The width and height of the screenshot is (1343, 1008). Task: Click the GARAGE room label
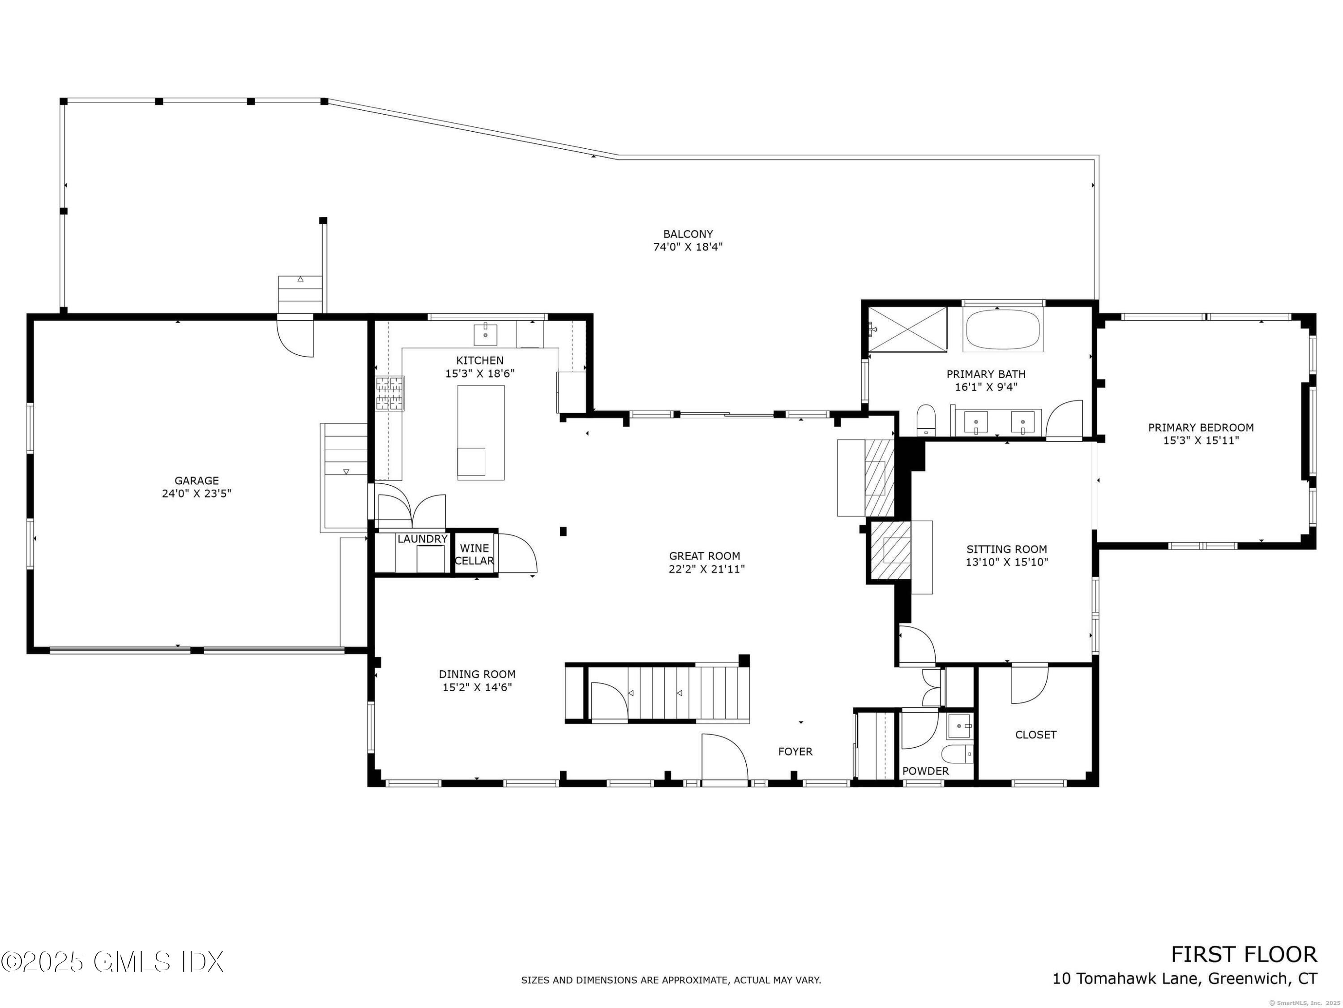click(196, 481)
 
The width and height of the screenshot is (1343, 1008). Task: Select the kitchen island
click(481, 433)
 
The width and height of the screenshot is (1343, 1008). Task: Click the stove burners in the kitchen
click(390, 393)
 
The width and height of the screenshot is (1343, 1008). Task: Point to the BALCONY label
click(688, 234)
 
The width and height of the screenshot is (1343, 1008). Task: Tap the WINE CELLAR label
click(474, 555)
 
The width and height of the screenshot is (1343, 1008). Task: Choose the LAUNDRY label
click(423, 539)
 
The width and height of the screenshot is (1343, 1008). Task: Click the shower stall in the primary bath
click(907, 329)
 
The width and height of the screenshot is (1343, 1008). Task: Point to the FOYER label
click(796, 752)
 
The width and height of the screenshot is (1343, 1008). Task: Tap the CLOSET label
click(1036, 735)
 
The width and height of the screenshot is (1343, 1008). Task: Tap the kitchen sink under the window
click(486, 335)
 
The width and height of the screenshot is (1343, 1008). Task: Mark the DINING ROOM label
click(477, 674)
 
